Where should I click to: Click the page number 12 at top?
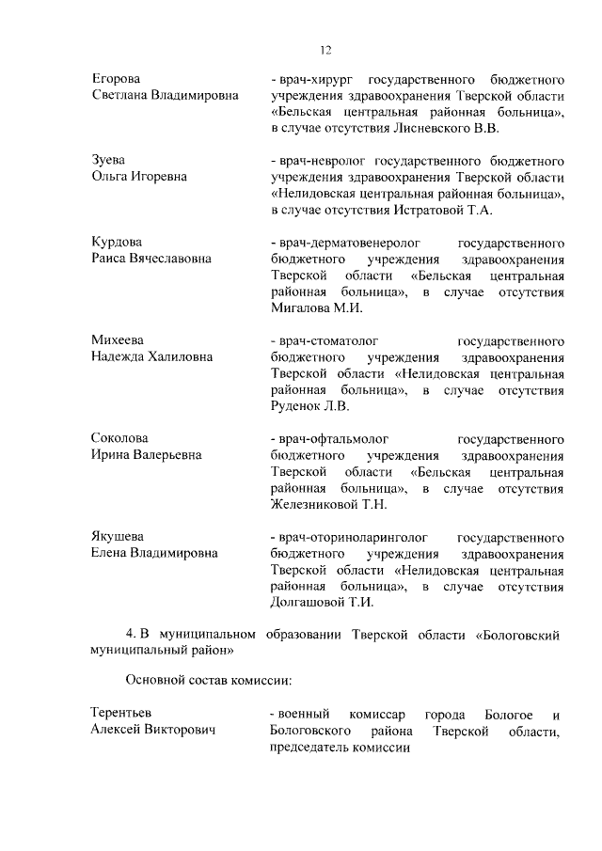click(325, 50)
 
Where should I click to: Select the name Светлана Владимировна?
click(165, 97)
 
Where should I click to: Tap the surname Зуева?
click(109, 159)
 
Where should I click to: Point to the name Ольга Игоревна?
click(138, 177)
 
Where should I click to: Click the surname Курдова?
click(117, 240)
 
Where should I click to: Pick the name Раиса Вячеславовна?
click(150, 258)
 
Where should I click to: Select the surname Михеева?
click(119, 339)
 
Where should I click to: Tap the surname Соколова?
click(120, 438)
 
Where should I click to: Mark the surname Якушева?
click(119, 537)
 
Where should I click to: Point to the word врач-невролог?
click(317, 159)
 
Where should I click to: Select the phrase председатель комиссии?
click(340, 749)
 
